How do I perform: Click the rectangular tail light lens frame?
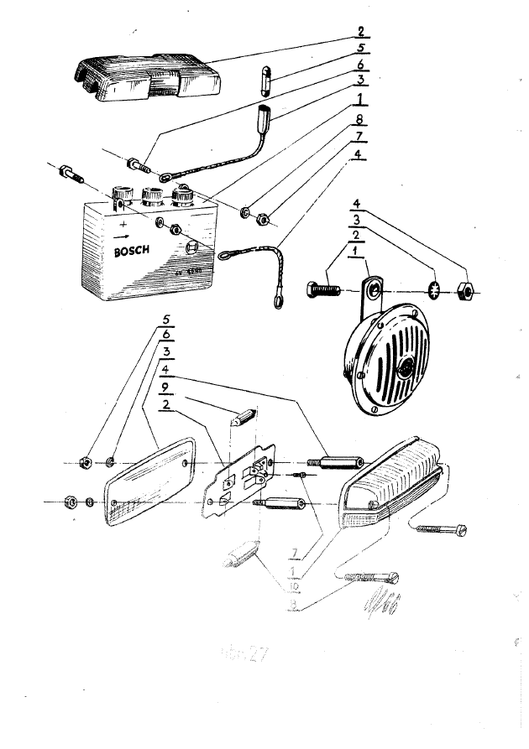(149, 482)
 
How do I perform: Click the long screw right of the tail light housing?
(438, 528)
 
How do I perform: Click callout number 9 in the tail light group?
(168, 387)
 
